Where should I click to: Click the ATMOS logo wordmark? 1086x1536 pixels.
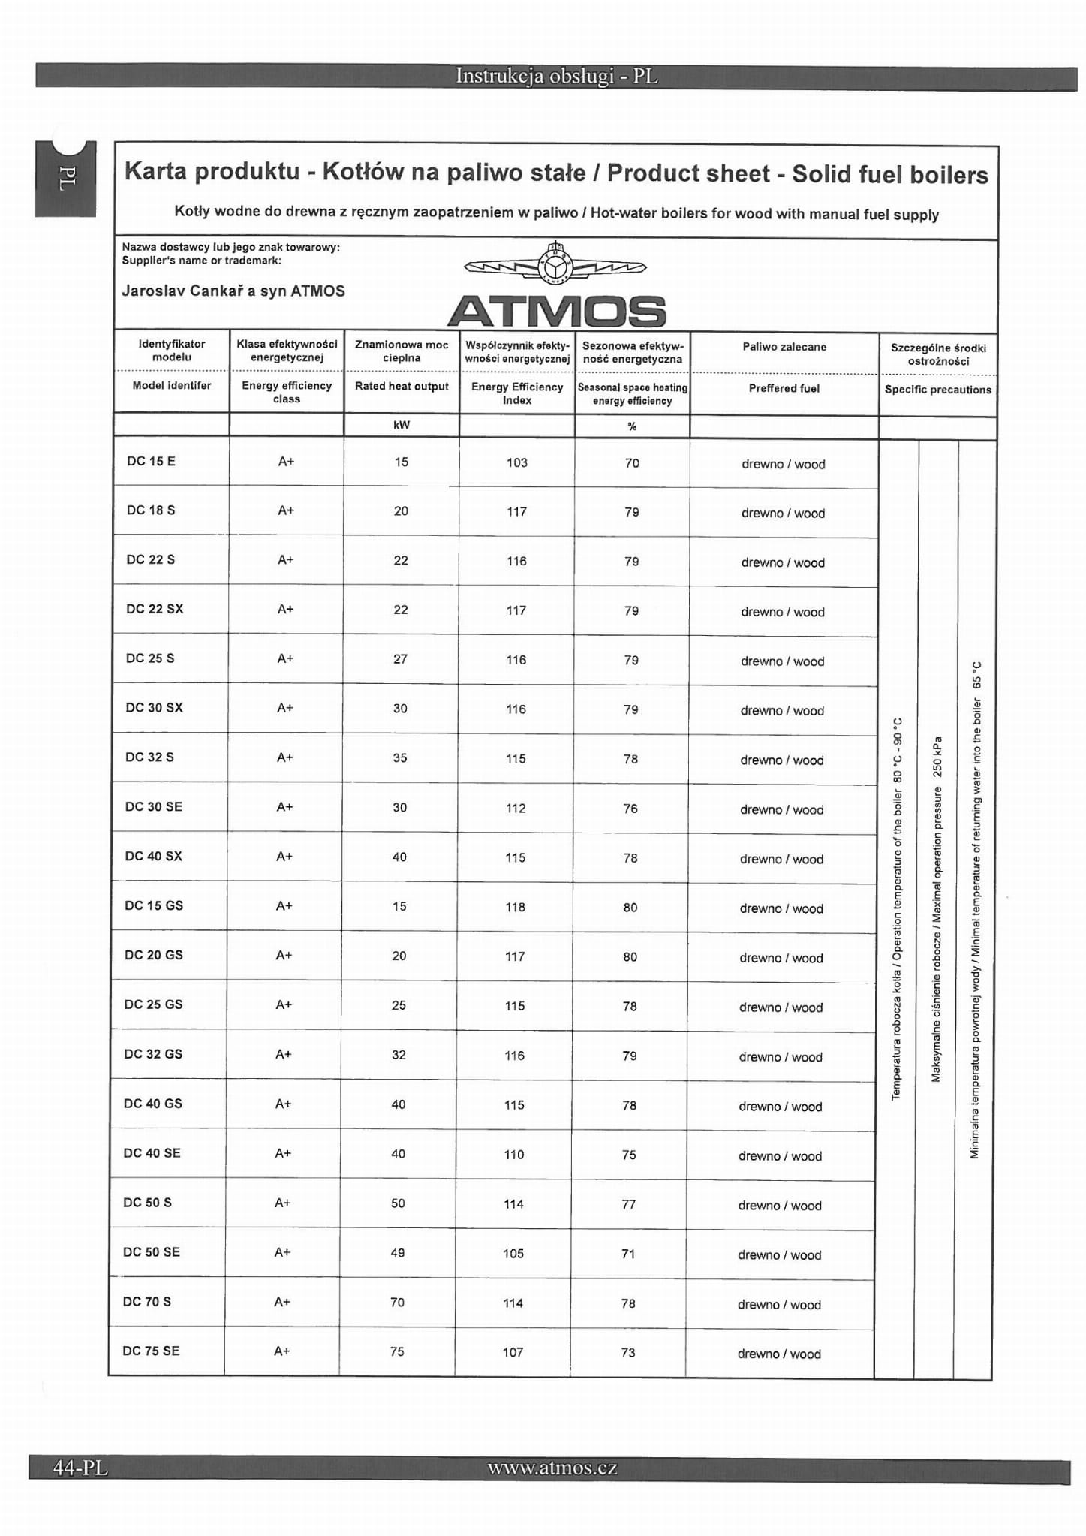556,311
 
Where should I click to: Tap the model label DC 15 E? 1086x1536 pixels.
151,461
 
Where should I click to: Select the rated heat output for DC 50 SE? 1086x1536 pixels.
398,1252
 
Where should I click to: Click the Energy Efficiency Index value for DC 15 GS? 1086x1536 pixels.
515,907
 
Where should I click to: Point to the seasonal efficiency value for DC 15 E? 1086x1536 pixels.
632,463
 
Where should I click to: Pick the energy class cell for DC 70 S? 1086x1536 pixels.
282,1302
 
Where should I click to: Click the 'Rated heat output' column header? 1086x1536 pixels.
402,386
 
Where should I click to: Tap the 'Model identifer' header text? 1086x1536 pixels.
172,385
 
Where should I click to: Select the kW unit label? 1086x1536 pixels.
402,425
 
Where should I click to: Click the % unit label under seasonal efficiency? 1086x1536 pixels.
632,426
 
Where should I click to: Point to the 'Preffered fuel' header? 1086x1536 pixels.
784,388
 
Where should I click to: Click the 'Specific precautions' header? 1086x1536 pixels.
937,390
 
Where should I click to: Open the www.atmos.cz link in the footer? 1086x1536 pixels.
552,1468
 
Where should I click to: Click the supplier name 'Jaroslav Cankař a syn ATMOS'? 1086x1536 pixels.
233,291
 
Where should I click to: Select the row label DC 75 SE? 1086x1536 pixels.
151,1351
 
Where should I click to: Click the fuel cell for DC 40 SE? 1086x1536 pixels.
780,1156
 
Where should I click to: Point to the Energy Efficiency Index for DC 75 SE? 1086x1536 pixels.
513,1352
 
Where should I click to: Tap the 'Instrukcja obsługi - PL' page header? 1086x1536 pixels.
556,77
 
